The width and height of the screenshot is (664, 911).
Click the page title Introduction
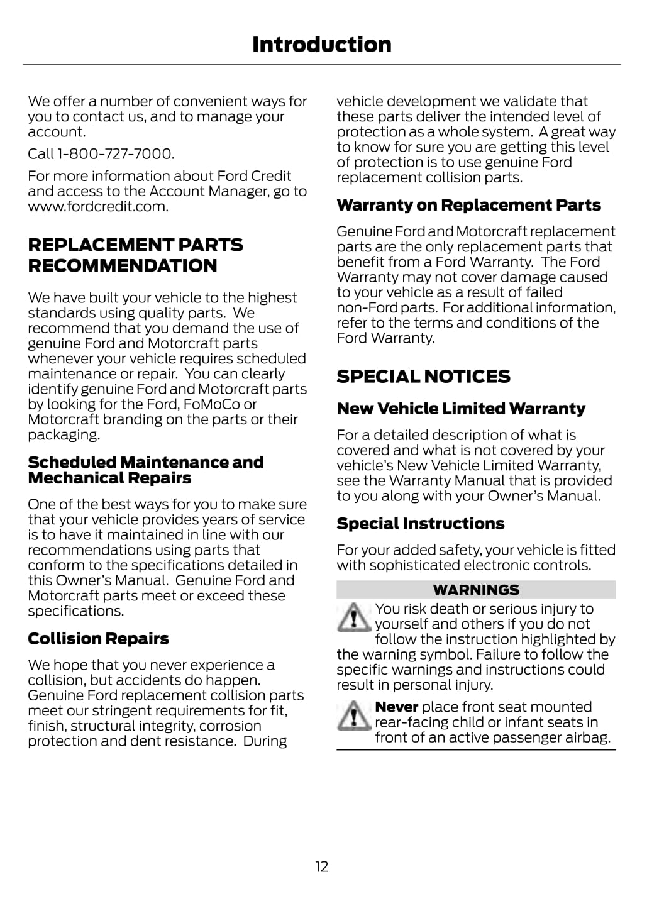pos(321,45)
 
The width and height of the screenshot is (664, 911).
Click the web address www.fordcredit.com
pos(97,207)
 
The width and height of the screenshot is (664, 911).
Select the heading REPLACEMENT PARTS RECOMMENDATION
pos(135,255)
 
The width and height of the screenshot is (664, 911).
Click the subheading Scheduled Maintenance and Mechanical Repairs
pos(145,470)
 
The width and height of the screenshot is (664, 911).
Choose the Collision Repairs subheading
pos(98,639)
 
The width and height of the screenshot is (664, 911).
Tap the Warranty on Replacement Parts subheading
pos(468,206)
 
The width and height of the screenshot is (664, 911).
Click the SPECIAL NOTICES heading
pos(423,377)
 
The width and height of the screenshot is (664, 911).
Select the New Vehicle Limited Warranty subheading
pos(461,409)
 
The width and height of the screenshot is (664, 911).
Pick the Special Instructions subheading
pos(420,524)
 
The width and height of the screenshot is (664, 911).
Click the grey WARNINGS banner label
pos(476,590)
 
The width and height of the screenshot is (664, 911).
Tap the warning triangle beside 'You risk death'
pos(353,617)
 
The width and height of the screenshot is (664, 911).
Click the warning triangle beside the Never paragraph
pos(353,715)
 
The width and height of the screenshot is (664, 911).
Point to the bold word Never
pos(396,707)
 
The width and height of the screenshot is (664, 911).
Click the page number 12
pos(321,867)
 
